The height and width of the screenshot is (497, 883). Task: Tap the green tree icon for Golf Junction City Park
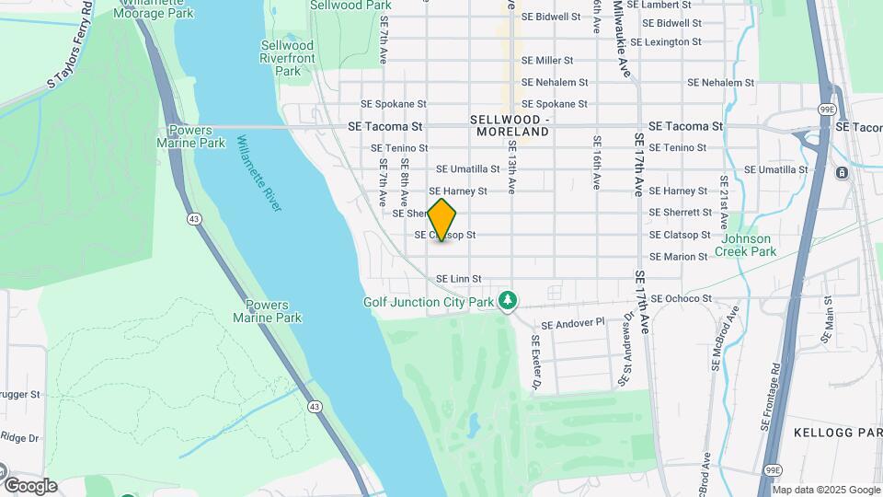pos(507,300)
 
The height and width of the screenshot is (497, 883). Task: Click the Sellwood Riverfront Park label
pos(287,58)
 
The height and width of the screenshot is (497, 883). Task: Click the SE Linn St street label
pos(458,279)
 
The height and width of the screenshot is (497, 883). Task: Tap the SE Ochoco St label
pos(681,298)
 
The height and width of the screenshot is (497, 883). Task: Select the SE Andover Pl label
pos(572,324)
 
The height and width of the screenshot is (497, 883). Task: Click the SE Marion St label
pos(678,257)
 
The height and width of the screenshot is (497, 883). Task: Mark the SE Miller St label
pos(547,60)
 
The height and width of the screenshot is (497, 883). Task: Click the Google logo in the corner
pos(29,486)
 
